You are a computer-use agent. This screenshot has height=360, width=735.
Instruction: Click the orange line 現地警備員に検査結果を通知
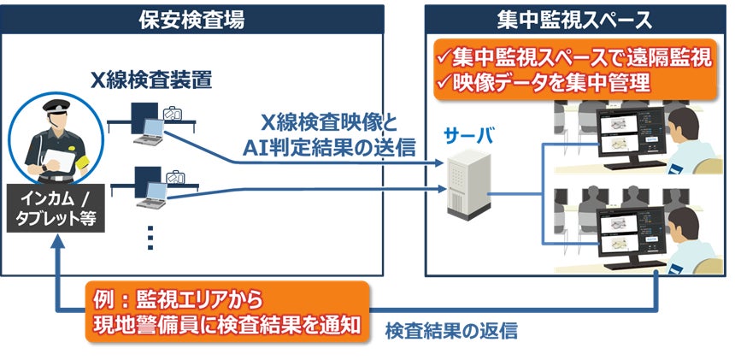pyautogui.click(x=229, y=325)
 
